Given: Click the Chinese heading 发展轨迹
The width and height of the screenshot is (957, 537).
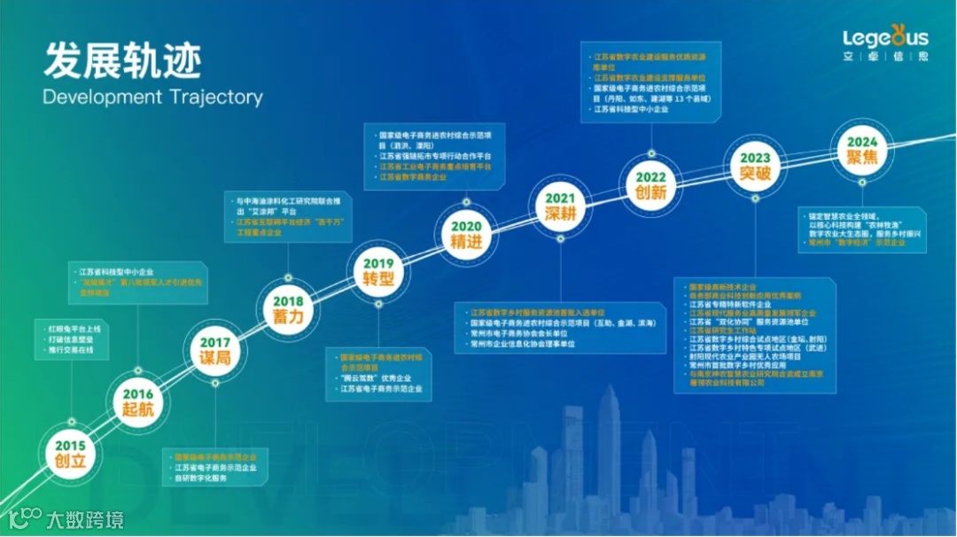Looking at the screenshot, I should point(122,61).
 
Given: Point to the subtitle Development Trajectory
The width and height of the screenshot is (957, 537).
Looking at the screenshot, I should point(152,97).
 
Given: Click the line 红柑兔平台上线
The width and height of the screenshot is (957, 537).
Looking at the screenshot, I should point(76,330).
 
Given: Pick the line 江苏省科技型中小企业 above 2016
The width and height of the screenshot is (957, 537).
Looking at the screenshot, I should point(118,272).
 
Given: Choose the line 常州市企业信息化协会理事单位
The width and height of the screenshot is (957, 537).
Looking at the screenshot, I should point(524,344).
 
